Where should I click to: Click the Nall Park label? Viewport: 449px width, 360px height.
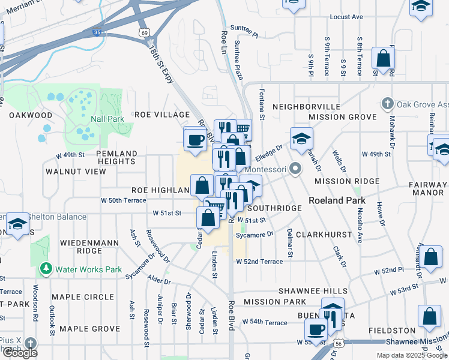pos(107,119)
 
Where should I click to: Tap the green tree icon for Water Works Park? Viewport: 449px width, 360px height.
pos(45,269)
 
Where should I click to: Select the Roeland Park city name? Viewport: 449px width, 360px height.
pos(334,200)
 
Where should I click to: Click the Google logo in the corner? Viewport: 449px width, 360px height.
pos(20,353)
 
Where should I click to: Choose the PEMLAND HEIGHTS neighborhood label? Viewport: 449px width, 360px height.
pos(116,158)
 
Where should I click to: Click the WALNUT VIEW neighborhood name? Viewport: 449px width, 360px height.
pos(76,172)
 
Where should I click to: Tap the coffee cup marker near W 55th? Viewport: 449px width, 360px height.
pos(316,328)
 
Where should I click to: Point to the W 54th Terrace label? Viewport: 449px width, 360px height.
pos(265,323)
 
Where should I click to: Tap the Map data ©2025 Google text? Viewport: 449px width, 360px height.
pos(411,355)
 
